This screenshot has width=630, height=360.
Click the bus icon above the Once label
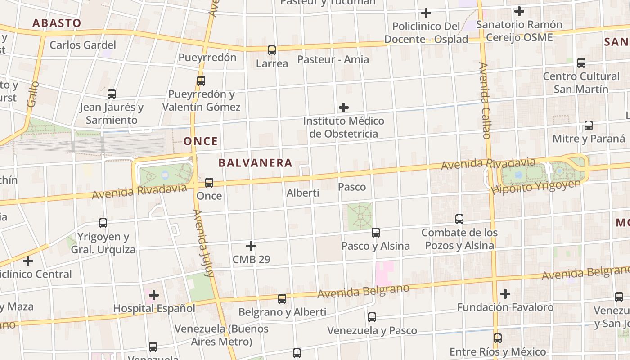[x=209, y=183]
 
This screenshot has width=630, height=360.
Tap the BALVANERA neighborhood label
[x=256, y=163]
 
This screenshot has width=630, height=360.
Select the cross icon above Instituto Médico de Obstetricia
[x=344, y=108]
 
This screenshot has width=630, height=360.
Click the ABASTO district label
[x=57, y=23]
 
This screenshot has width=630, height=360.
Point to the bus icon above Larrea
[x=272, y=50]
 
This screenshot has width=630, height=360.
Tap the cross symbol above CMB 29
[x=251, y=246]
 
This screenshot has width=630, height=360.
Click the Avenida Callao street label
[x=485, y=100]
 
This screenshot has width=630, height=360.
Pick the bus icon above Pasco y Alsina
[x=376, y=233]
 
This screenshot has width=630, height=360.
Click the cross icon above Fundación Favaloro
[x=505, y=294]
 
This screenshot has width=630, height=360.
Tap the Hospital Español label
[x=154, y=308]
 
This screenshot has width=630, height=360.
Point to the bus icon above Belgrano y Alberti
[x=282, y=298]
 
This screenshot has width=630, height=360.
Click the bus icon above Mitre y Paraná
[x=589, y=126]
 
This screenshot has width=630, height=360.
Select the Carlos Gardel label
[x=83, y=45]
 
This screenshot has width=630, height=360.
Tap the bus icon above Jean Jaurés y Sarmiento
[x=112, y=94]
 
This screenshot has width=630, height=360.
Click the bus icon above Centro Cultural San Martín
[x=581, y=63]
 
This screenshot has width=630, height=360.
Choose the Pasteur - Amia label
[x=333, y=59]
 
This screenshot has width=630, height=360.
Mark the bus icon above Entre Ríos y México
[x=498, y=338]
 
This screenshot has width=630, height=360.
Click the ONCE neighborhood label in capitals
[x=201, y=141]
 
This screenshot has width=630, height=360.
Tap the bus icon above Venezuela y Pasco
[x=372, y=317]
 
